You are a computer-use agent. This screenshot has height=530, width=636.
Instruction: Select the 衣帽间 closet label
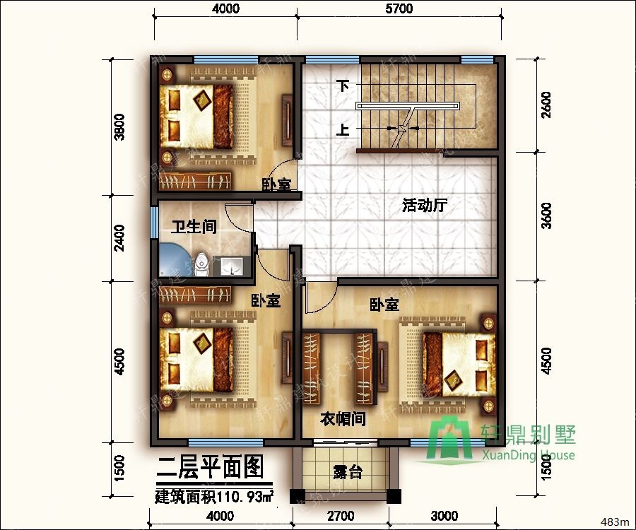coord(343,418)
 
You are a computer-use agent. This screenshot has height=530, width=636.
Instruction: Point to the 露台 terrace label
coord(348,472)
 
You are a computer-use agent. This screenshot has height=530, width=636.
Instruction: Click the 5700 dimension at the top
coord(399,8)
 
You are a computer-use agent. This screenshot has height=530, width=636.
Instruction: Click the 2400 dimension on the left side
coord(119,238)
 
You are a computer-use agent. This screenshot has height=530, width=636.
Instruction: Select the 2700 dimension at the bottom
coord(341,516)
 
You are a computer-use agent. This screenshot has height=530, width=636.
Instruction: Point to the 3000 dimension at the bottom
coord(444,516)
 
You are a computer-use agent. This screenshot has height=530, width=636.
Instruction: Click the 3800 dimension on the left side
coord(119,127)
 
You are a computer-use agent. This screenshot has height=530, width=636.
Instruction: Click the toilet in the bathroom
coord(202,262)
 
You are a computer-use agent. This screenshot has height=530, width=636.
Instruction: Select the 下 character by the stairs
coord(343,86)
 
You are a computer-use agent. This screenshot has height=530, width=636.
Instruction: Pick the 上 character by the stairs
coord(343,130)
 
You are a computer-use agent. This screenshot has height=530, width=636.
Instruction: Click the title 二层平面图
coord(210,466)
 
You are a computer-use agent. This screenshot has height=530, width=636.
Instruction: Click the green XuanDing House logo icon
coord(453,441)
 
